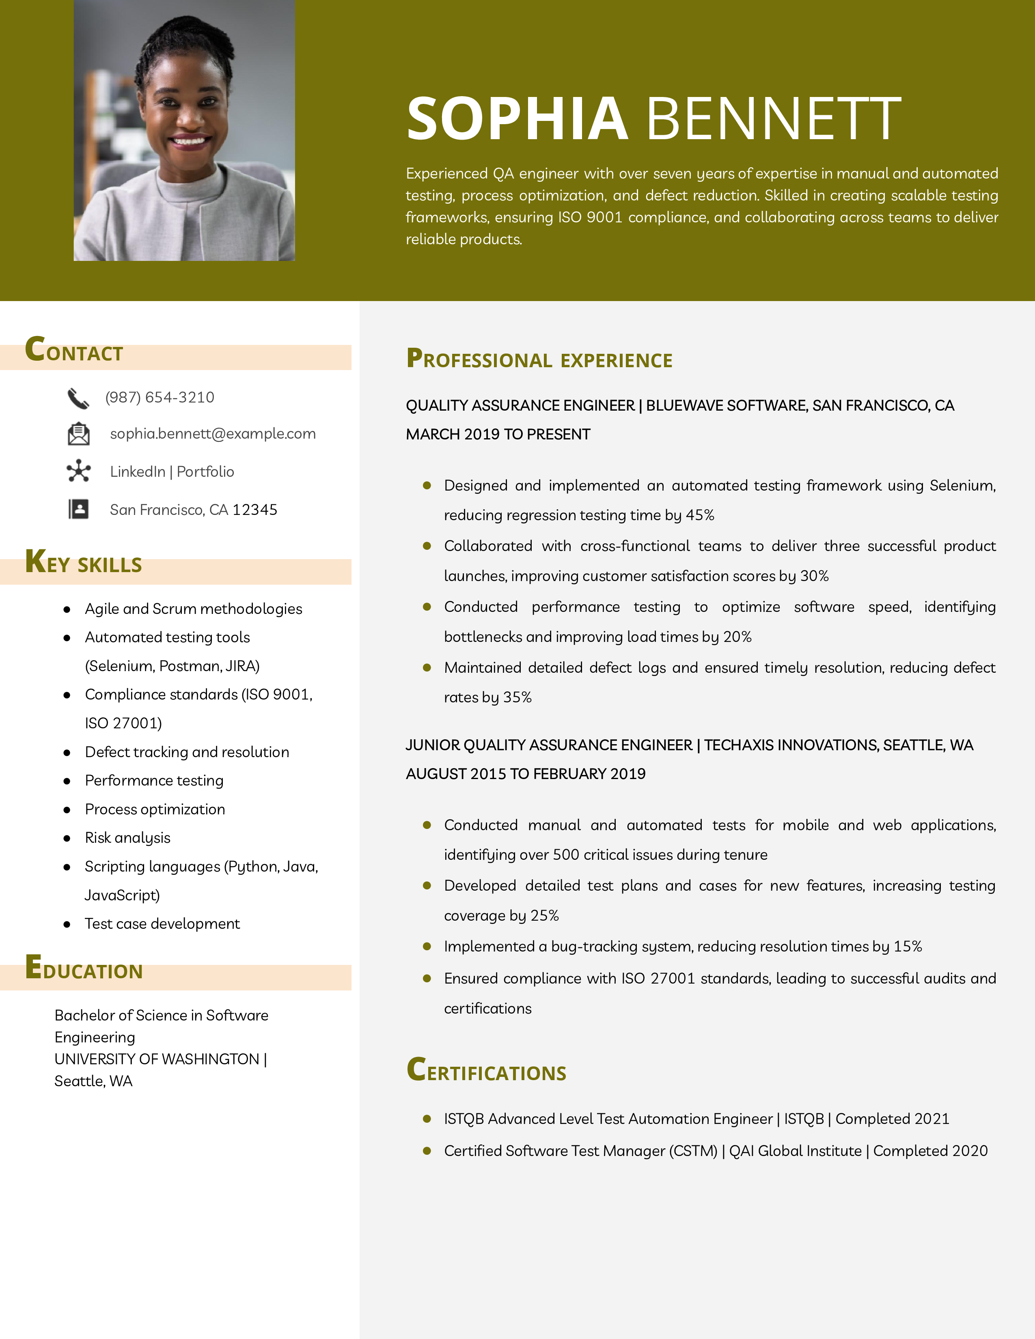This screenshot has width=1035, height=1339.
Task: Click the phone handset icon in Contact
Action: [78, 398]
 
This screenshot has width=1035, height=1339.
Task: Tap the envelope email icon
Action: [78, 434]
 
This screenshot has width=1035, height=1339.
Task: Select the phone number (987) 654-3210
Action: [160, 397]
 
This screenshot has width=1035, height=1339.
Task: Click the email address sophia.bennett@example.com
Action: [213, 433]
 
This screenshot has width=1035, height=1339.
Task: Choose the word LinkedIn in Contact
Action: [137, 471]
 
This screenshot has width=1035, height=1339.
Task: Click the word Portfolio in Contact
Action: [205, 471]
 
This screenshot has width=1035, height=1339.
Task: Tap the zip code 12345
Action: [254, 510]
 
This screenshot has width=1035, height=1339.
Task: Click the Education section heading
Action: [84, 969]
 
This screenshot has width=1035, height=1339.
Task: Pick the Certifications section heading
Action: [486, 1070]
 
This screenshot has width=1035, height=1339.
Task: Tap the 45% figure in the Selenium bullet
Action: [700, 515]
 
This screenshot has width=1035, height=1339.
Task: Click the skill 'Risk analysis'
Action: [127, 837]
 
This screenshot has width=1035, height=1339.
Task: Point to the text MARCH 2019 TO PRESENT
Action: [498, 434]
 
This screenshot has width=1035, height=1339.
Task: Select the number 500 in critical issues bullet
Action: [566, 855]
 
